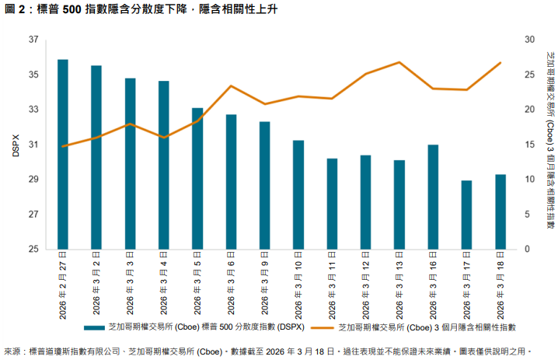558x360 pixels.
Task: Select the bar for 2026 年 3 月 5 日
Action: coord(197,178)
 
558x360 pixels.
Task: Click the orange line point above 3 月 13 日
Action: coord(399,62)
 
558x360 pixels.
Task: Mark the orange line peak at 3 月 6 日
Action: coord(231,86)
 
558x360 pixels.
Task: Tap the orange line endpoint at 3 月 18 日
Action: coord(500,62)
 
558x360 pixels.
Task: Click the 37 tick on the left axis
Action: coord(33,40)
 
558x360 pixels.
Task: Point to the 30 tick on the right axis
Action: coord(528,40)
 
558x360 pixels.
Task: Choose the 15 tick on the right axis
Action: coord(528,145)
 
